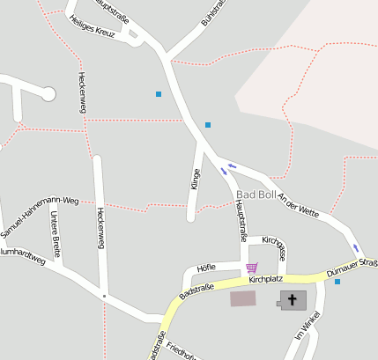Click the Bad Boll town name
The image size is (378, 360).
[256, 195]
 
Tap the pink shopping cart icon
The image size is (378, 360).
[252, 268]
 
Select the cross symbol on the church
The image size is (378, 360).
[292, 300]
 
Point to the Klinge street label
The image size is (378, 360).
[195, 180]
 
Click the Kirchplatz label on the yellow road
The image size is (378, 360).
[265, 279]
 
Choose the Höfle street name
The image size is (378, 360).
[206, 267]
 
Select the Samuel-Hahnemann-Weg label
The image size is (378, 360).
[40, 217]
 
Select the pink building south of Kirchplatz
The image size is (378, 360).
[243, 298]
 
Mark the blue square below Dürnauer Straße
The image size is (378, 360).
[337, 282]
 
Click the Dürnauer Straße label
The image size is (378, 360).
[352, 268]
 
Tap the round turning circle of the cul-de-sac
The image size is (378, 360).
[48, 93]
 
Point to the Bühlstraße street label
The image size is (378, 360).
[214, 11]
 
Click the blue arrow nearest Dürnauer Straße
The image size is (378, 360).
[356, 248]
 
